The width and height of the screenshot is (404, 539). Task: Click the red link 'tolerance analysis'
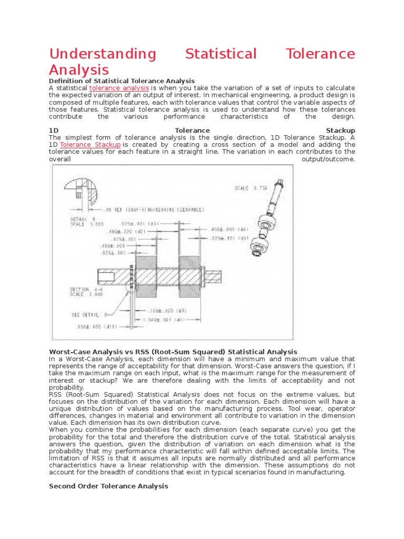(119, 88)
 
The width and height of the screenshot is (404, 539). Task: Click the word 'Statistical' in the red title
(221, 54)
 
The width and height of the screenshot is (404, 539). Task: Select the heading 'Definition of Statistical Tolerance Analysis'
(122, 81)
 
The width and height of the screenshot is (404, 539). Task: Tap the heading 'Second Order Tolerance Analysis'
(108, 486)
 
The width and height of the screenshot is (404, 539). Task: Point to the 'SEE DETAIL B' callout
(89, 315)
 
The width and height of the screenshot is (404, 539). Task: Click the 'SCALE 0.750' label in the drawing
(251, 187)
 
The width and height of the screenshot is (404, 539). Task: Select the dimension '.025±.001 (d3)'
(144, 223)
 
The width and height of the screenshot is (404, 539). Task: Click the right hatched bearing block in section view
(190, 274)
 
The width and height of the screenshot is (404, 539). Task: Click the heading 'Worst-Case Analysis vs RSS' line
(173, 352)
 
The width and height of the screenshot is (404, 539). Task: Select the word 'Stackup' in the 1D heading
(340, 130)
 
